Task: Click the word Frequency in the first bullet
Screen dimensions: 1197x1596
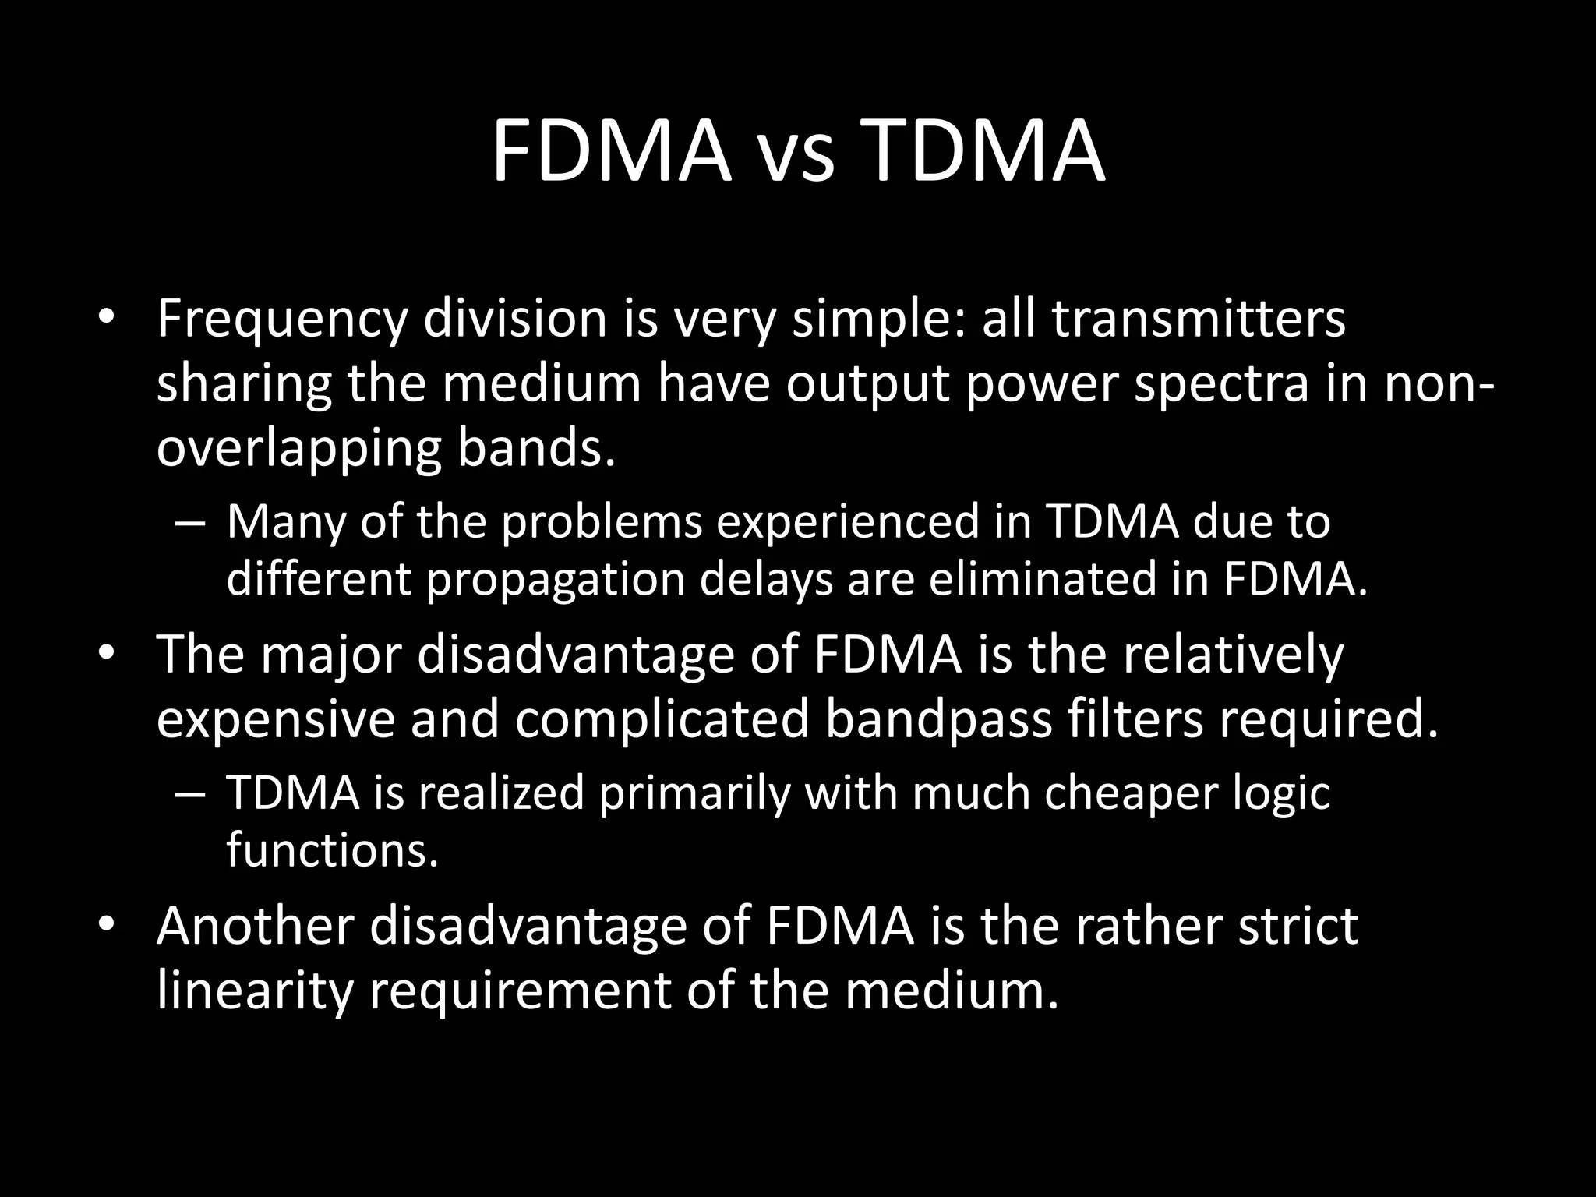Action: pyautogui.click(x=281, y=321)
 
